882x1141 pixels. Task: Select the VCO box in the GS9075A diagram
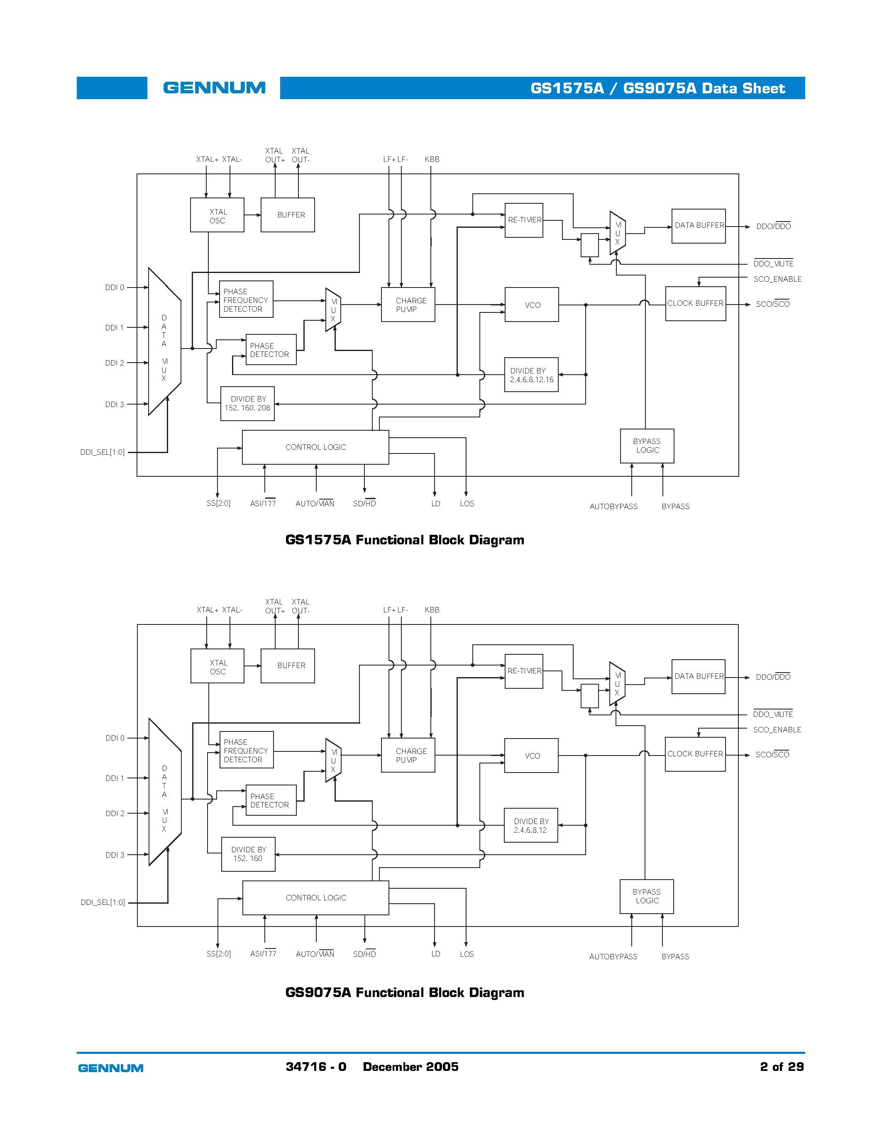pyautogui.click(x=531, y=756)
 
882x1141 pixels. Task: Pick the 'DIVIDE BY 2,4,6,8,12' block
pyautogui.click(x=530, y=825)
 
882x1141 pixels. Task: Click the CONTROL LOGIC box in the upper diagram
pyautogui.click(x=315, y=447)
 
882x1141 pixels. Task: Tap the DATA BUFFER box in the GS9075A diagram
pyautogui.click(x=698, y=677)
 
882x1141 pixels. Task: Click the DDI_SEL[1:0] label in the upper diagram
pyautogui.click(x=103, y=452)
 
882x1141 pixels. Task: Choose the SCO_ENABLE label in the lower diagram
pyautogui.click(x=777, y=730)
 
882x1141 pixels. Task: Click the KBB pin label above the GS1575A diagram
pyautogui.click(x=432, y=159)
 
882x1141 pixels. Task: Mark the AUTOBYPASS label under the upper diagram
pyautogui.click(x=613, y=507)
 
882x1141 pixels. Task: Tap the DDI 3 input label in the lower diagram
pyautogui.click(x=115, y=855)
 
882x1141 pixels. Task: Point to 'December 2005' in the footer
pyautogui.click(x=410, y=1067)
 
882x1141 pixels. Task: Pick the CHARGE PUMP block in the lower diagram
pyautogui.click(x=408, y=756)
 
